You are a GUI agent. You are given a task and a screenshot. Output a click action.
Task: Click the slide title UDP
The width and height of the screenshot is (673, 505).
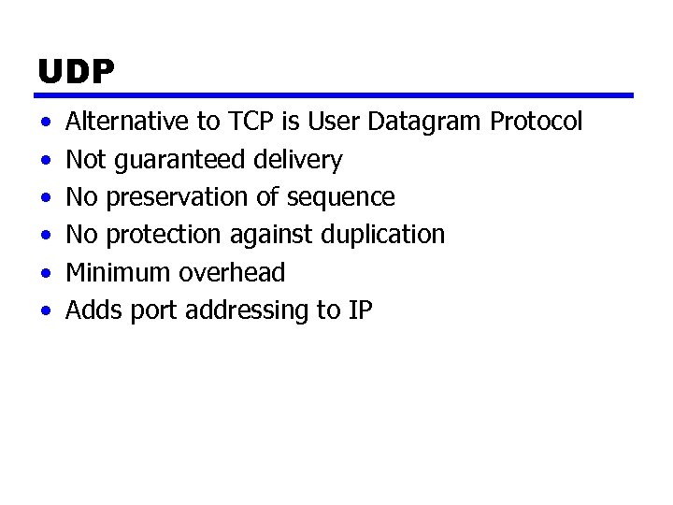tap(76, 73)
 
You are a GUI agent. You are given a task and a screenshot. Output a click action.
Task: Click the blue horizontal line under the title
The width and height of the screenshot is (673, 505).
tap(335, 95)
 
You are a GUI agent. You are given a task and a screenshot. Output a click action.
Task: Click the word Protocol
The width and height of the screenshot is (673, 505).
tap(537, 122)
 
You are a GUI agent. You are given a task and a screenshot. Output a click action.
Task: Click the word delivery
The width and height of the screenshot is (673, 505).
tap(298, 161)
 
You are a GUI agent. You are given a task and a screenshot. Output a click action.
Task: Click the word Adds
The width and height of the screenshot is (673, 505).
tap(90, 310)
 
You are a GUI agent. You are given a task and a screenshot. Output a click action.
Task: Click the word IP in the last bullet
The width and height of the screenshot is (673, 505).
tap(361, 310)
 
